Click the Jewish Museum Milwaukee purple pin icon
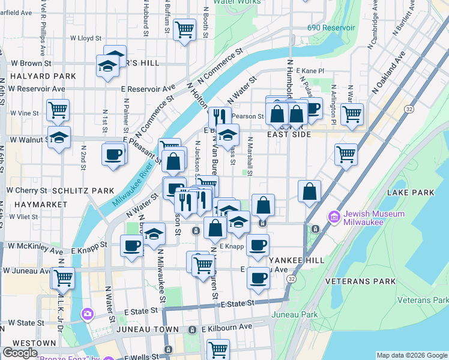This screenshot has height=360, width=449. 334,216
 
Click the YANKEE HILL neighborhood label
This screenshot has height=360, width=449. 295,260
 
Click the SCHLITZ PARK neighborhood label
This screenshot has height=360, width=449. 83,191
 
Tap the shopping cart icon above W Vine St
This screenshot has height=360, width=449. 58,110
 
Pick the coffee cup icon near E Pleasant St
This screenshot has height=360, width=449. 113,155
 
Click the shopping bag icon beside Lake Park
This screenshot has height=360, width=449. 309,191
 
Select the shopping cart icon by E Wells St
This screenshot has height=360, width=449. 218,349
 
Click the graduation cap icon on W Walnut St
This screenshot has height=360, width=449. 59,137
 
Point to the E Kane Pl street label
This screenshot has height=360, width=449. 309,71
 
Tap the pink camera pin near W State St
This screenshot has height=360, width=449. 88,314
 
